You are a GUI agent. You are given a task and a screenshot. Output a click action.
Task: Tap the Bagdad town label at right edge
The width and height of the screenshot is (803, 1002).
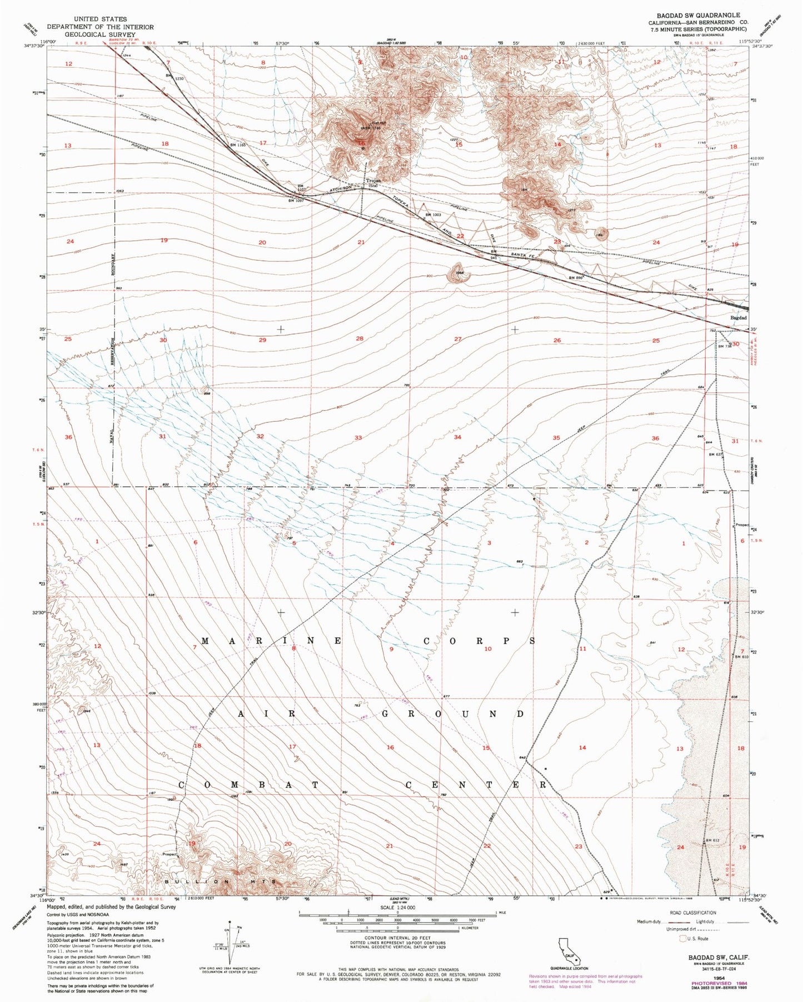coord(738,317)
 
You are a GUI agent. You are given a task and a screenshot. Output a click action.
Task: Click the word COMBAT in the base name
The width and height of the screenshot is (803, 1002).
coord(248,785)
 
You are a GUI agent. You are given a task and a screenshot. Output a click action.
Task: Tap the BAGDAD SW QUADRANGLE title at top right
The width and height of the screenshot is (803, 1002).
coord(706,15)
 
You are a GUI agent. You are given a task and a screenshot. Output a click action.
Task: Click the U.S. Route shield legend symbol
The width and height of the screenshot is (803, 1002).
coord(683,939)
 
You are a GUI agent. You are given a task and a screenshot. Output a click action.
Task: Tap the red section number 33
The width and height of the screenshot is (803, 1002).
coord(358,438)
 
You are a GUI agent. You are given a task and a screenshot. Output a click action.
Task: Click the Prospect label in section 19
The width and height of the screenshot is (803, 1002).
coord(169,854)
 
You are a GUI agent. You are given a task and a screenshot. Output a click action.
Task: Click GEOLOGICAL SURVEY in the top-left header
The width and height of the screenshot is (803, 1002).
coord(100,34)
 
